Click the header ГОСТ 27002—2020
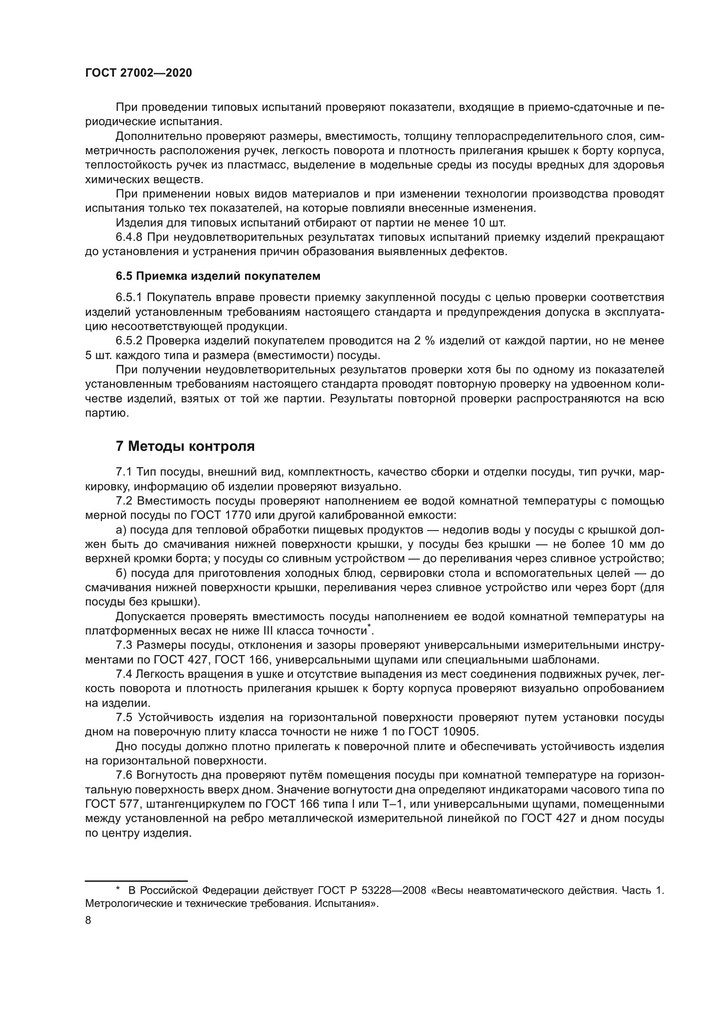[139, 73]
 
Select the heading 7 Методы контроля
[185, 447]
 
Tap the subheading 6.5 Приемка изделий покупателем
[218, 276]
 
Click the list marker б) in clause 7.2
[121, 573]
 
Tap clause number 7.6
[124, 775]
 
